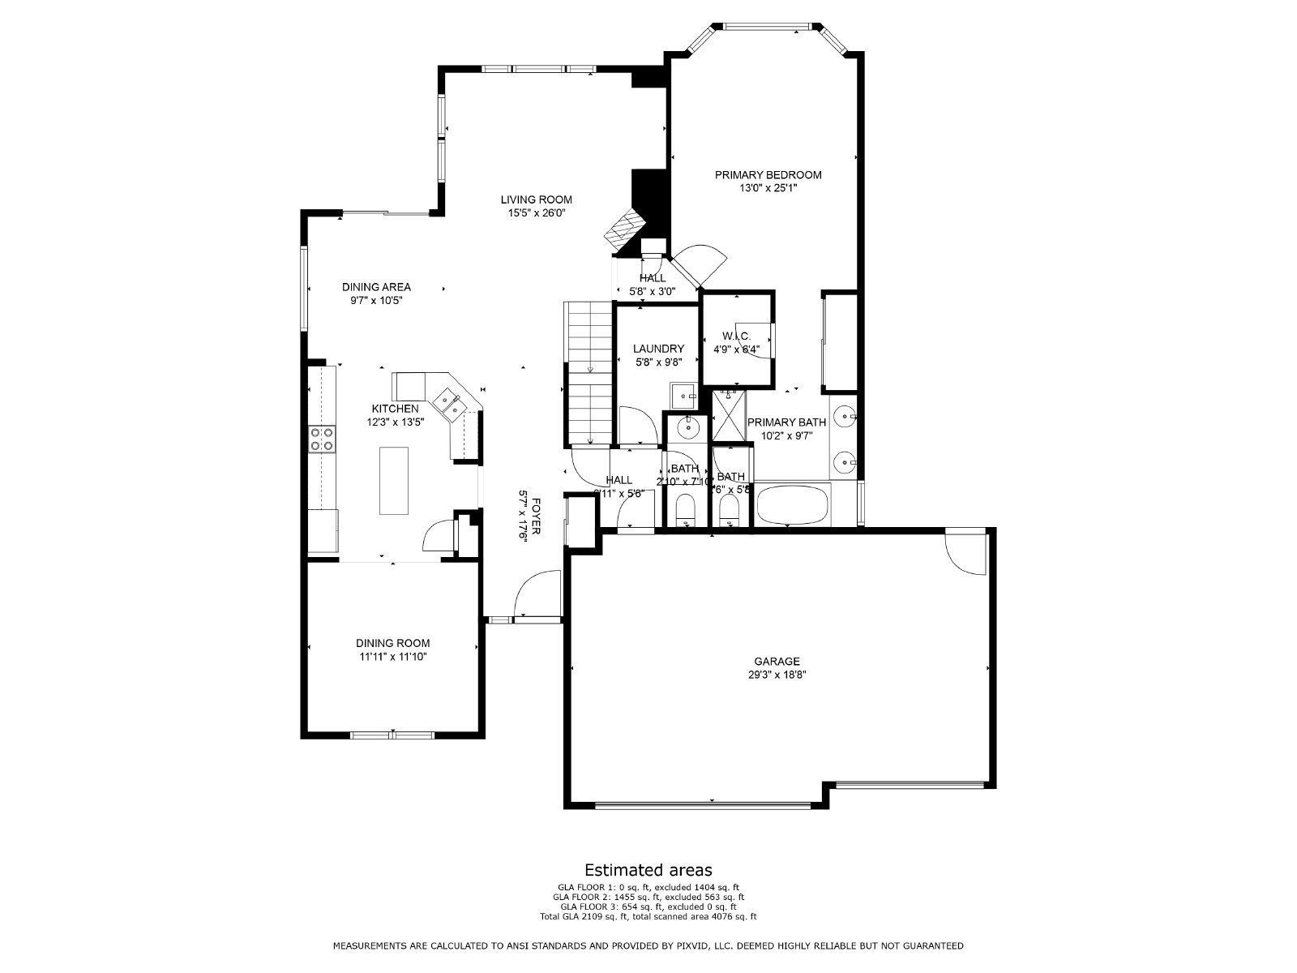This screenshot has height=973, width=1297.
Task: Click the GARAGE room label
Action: pyautogui.click(x=777, y=662)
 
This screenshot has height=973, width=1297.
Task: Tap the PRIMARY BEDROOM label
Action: pyautogui.click(x=768, y=175)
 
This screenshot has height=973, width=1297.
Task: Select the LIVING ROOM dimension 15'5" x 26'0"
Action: pyautogui.click(x=536, y=213)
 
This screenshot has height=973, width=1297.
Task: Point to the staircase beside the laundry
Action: pyautogui.click(x=588, y=371)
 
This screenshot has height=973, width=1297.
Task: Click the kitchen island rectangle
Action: pyautogui.click(x=394, y=480)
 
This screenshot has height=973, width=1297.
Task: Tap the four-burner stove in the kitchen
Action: pyautogui.click(x=322, y=439)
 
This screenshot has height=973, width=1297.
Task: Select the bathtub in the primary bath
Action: pyautogui.click(x=792, y=505)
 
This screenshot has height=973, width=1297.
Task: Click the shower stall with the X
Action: pyautogui.click(x=729, y=418)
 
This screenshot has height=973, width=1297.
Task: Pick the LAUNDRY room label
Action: pyautogui.click(x=658, y=349)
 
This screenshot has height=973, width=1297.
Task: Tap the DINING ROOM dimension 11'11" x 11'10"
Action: pyautogui.click(x=394, y=657)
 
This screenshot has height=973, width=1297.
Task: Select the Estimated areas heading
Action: pyautogui.click(x=648, y=870)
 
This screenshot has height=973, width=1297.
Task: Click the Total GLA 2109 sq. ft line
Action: pyautogui.click(x=648, y=916)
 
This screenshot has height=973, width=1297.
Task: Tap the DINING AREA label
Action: pyautogui.click(x=376, y=287)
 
